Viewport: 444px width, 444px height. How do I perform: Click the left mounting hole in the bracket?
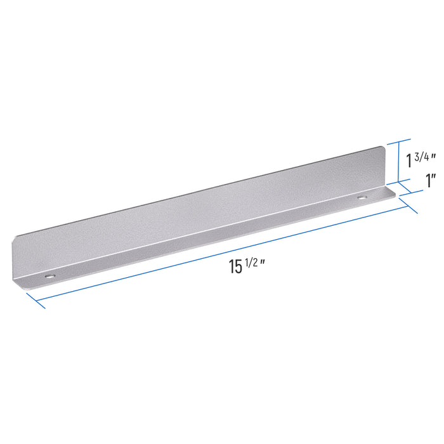(x=50, y=276)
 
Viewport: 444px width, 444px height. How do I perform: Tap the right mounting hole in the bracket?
(x=362, y=197)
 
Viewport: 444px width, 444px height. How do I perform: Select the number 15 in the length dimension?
(x=235, y=267)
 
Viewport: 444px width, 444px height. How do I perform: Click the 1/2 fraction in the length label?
(x=251, y=263)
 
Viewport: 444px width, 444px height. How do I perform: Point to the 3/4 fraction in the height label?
(x=422, y=157)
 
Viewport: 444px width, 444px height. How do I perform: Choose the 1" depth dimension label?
(x=431, y=180)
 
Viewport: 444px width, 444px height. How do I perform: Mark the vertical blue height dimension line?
(x=398, y=162)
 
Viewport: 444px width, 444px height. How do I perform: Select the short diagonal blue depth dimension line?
(x=405, y=188)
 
